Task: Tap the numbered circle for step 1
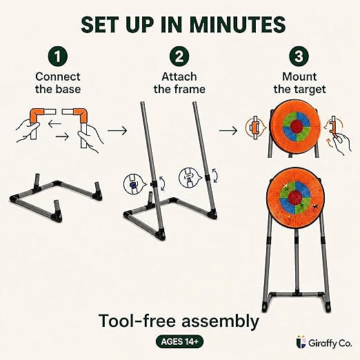point(58,56)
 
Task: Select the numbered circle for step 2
point(179,56)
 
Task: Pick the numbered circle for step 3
point(299,56)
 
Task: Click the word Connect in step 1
point(58,77)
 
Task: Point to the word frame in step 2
point(192,89)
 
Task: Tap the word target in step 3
point(312,90)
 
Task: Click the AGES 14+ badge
point(180,341)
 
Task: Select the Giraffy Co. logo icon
point(301,342)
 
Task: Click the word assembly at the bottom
point(220,321)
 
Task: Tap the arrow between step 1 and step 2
point(117,130)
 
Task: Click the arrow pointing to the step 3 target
point(228,130)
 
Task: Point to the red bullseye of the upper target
point(297,126)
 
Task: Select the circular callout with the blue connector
point(132,184)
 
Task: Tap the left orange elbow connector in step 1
point(37,115)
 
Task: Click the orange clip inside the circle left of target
point(254,128)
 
